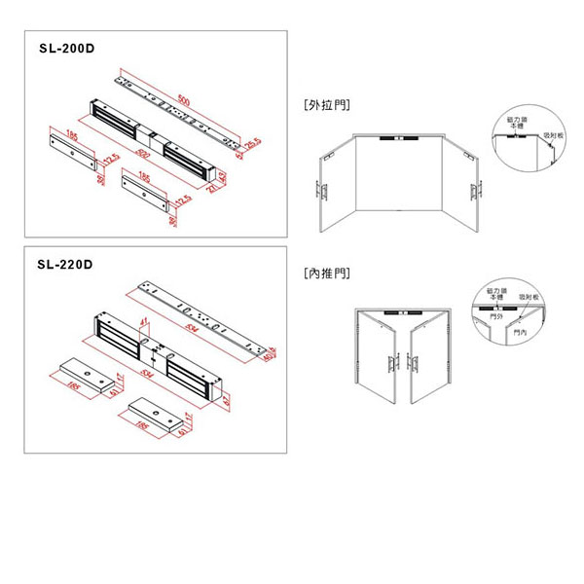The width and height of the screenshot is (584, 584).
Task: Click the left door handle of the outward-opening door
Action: [x=322, y=188]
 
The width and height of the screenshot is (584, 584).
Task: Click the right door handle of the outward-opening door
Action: [x=478, y=188]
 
